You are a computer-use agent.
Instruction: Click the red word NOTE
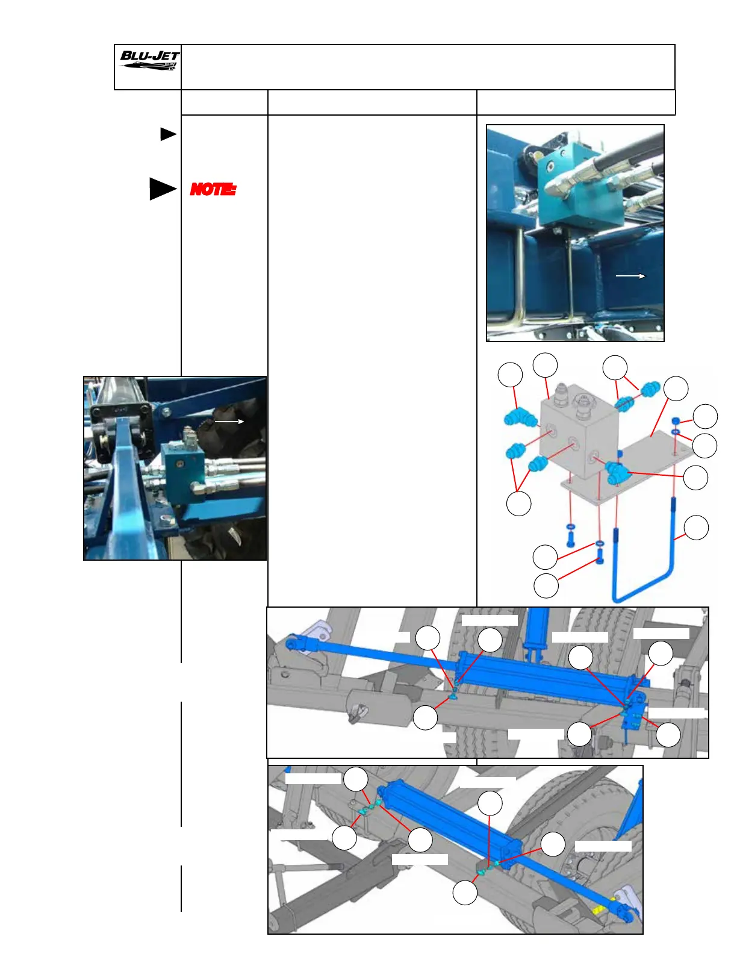click(213, 189)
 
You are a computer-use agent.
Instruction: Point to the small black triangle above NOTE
click(168, 134)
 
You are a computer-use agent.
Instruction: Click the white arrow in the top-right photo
click(630, 276)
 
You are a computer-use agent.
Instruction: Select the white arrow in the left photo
click(229, 422)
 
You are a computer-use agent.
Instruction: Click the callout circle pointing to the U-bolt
click(697, 528)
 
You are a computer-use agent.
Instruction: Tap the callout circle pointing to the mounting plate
click(676, 388)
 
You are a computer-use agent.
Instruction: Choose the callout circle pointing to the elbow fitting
click(510, 375)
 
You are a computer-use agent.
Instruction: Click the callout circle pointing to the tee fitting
click(696, 478)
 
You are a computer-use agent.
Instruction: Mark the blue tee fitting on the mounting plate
click(618, 472)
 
